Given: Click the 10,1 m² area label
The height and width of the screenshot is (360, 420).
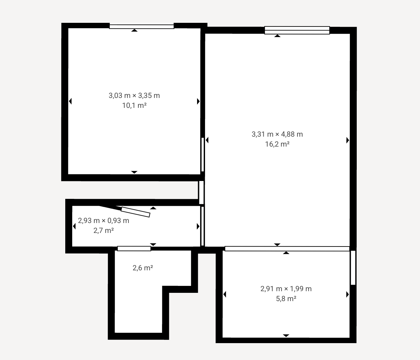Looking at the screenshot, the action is [x=134, y=106].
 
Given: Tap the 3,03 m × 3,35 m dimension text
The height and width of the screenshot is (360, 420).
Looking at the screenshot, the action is [x=134, y=96].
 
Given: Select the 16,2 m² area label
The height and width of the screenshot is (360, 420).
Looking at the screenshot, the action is [x=277, y=144].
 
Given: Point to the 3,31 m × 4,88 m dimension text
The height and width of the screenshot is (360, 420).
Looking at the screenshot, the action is [x=277, y=134].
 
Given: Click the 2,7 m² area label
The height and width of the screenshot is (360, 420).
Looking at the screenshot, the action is [x=104, y=231].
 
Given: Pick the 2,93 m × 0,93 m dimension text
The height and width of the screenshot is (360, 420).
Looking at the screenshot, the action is [x=104, y=221].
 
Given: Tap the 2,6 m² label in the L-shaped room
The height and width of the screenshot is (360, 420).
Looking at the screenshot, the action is [x=143, y=268].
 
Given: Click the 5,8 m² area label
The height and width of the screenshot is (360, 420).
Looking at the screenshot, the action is [x=286, y=299].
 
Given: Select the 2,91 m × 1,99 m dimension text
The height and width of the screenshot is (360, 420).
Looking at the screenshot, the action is [x=286, y=289].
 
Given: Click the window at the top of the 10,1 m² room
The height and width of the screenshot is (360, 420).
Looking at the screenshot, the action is [x=142, y=26].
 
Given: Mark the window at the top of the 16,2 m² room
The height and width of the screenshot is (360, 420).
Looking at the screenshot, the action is [x=297, y=30].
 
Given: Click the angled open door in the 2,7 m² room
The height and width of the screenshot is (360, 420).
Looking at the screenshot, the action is [x=135, y=212].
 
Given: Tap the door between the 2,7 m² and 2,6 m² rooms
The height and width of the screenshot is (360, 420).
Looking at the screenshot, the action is [x=134, y=248].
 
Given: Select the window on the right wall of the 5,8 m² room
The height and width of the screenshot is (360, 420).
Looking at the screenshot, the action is [x=353, y=268].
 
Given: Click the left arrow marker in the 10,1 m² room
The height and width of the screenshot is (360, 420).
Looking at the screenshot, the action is [x=70, y=101].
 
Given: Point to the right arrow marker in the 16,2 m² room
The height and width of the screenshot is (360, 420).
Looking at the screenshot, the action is [x=348, y=140].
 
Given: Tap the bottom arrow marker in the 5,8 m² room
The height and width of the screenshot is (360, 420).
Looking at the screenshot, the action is [x=286, y=336].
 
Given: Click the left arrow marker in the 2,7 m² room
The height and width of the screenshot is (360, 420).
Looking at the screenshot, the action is [x=75, y=226].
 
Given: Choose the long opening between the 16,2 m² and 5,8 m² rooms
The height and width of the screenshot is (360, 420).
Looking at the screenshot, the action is [x=287, y=248].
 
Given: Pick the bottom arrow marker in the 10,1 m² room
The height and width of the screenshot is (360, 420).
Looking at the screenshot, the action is [x=134, y=172].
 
